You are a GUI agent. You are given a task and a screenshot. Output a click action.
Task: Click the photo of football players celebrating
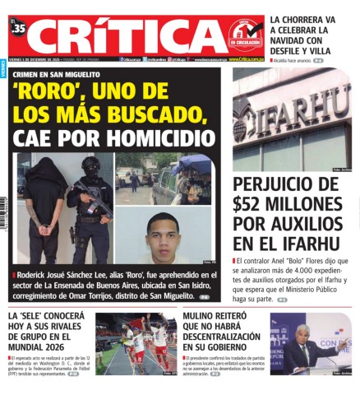136,342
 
